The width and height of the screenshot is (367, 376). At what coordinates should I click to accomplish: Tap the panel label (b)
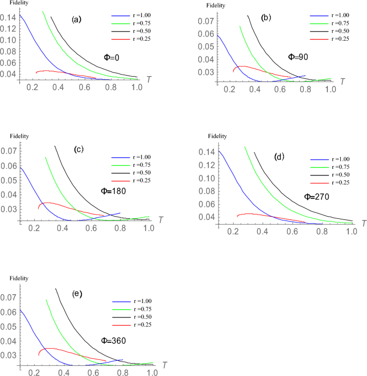tap(266, 18)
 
